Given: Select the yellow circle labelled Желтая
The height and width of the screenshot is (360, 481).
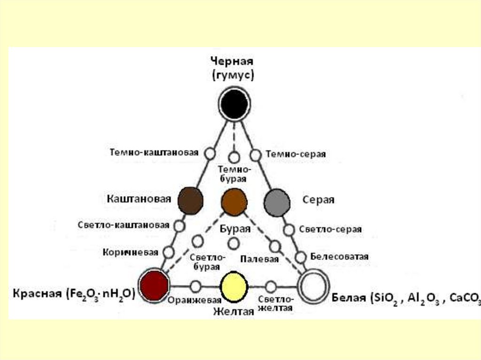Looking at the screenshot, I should tap(234, 287).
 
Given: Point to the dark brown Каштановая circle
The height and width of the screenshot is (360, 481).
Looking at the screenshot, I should tap(190, 200).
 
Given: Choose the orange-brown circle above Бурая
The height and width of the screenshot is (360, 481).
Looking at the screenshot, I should tap(234, 200).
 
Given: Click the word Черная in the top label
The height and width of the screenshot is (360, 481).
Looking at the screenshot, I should tap(232, 61).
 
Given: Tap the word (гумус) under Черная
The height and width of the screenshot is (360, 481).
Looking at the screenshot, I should tap(233, 75).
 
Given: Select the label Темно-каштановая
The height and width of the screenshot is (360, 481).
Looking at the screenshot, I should tap(154, 153).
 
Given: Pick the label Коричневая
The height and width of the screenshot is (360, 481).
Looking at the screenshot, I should tap(130, 252).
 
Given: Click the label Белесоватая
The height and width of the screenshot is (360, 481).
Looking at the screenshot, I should tap(339, 257).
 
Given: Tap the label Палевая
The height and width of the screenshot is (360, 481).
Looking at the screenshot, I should tap(259, 259).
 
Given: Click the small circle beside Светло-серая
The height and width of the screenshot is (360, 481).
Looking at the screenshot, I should tap(289, 230).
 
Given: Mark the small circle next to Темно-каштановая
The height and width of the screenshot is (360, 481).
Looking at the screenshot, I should tap(210, 153).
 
